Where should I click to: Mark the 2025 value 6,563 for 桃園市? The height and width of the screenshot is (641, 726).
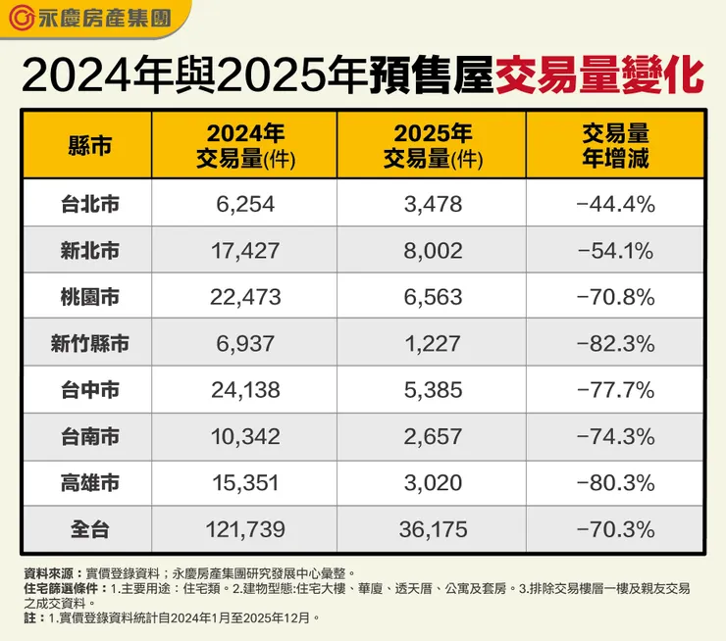point(433,297)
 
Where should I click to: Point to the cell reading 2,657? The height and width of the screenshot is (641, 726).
point(433,436)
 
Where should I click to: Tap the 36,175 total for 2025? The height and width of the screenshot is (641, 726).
point(433,529)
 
